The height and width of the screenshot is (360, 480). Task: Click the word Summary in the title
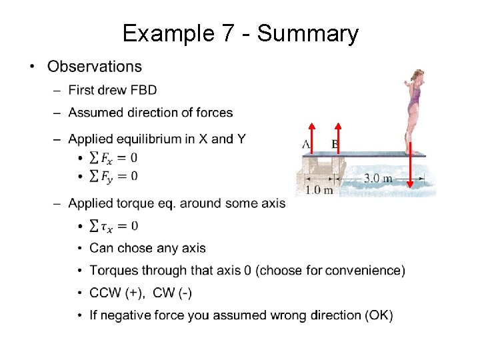(308, 33)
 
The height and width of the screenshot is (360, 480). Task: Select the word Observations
(95, 67)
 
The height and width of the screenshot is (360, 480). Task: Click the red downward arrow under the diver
(411, 167)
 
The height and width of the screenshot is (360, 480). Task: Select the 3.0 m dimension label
(377, 179)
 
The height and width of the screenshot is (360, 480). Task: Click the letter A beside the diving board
(305, 144)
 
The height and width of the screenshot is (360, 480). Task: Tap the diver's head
(418, 75)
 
